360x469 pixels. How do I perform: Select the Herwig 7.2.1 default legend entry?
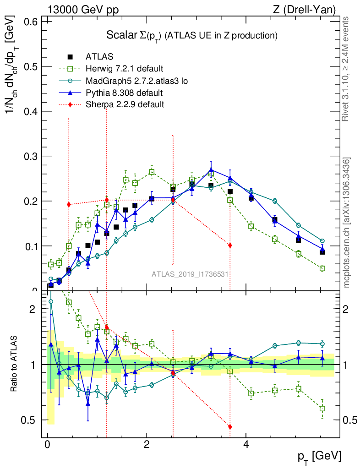[124, 69]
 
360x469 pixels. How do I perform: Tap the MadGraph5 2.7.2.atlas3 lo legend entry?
[137, 81]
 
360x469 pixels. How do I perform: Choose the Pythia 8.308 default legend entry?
[124, 93]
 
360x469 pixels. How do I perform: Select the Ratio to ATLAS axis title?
[15, 365]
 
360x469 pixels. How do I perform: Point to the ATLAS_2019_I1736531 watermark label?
[191, 274]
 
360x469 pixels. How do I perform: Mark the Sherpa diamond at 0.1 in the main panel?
[230, 245]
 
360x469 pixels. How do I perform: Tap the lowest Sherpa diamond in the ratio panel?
[230, 427]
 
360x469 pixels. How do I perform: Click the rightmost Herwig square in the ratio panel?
[322, 408]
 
